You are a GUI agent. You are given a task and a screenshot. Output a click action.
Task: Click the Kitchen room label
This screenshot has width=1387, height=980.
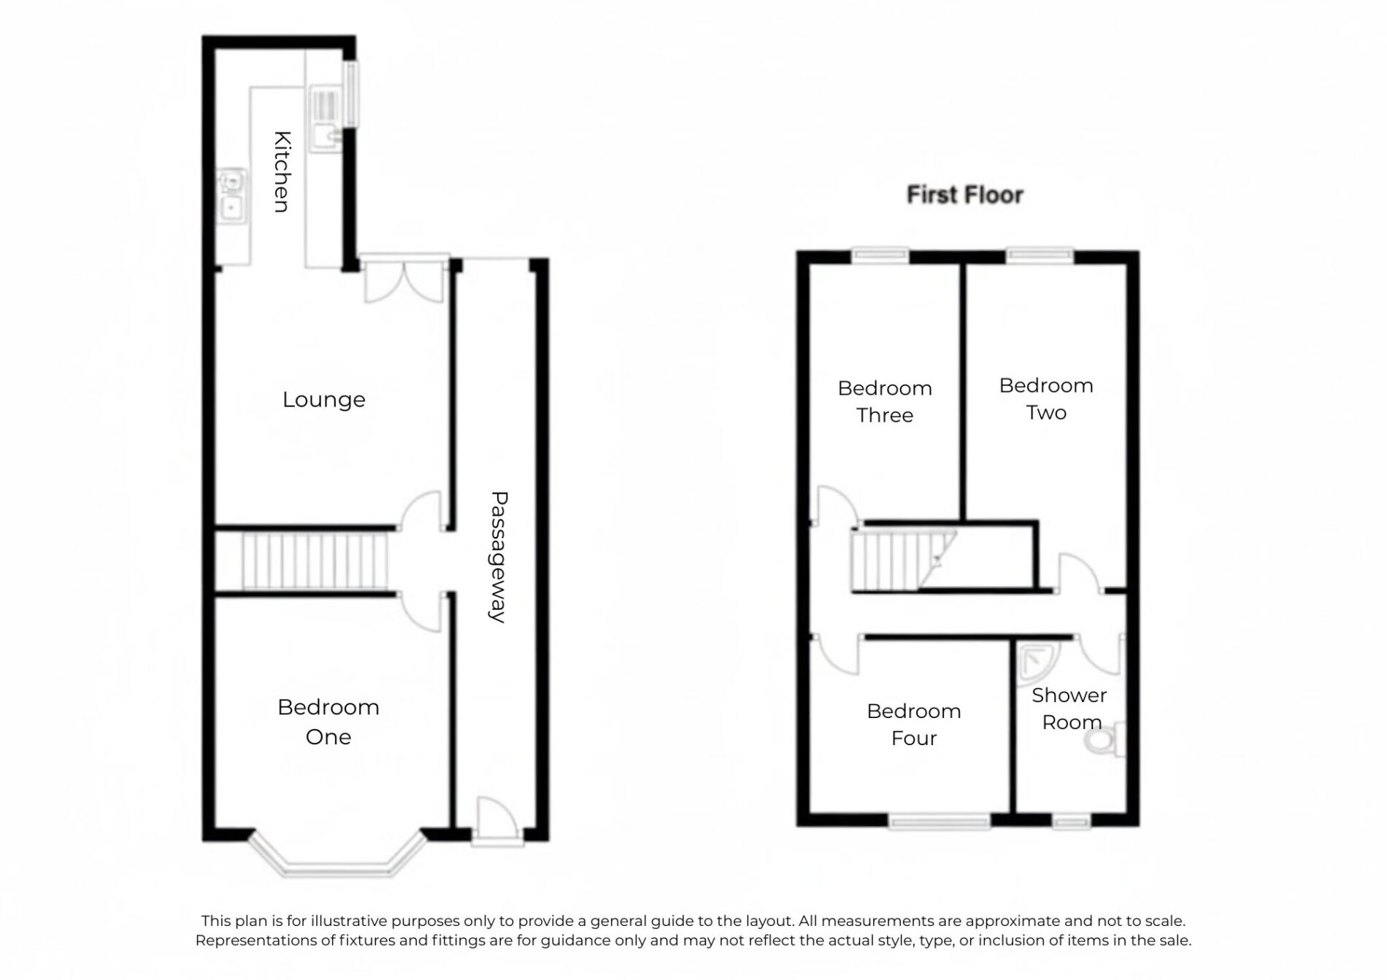point(283,172)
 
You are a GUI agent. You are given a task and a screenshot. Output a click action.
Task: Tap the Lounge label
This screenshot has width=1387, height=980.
point(323,400)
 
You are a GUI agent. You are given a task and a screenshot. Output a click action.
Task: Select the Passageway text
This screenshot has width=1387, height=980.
point(499,557)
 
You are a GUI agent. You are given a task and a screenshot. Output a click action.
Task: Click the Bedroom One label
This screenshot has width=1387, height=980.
point(328,722)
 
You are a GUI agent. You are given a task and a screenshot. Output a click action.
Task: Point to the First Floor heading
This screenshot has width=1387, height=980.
point(965,195)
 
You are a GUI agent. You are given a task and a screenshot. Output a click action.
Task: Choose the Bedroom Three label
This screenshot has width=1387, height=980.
point(885,401)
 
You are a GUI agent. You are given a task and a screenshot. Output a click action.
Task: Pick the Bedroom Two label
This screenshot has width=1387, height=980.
point(1046,398)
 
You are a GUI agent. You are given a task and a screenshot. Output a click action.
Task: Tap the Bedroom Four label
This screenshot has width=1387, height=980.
point(914,724)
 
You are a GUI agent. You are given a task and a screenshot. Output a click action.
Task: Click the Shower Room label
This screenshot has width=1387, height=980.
point(1069,709)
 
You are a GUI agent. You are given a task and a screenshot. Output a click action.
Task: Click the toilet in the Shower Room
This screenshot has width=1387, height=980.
point(1105,740)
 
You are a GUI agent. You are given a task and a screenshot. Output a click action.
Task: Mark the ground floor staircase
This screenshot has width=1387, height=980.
point(315,560)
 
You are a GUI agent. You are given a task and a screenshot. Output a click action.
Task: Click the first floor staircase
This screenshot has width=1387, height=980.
point(904,560)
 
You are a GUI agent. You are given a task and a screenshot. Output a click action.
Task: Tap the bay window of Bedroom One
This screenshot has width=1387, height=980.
point(337,854)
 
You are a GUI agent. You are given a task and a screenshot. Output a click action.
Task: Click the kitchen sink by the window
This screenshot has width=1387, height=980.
point(324,120)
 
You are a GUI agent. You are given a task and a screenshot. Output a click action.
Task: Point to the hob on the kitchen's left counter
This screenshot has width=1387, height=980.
point(232,196)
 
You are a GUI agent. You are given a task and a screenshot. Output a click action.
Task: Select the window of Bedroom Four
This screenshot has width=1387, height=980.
point(940,822)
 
